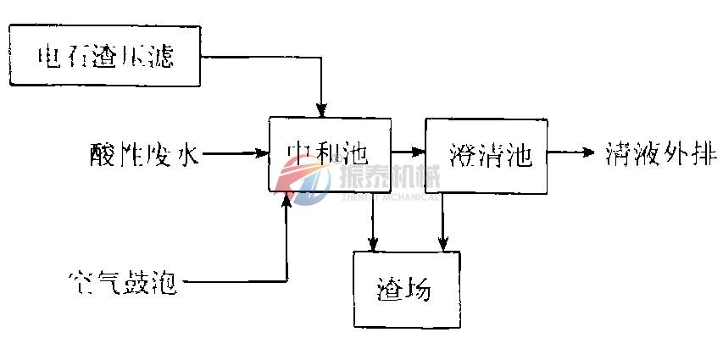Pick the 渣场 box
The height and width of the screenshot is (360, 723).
coord(405,290)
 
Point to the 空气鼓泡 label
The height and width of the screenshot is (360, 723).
coord(122,281)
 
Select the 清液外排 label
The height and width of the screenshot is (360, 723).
coord(662,154)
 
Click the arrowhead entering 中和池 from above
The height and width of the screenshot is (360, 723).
coord(321,110)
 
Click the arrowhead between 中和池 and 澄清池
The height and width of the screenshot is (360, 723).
coord(419,152)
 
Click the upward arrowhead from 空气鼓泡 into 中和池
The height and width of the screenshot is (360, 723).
coord(288,202)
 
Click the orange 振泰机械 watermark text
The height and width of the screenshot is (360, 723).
coord(388,177)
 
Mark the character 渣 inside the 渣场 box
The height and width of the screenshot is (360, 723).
coord(390,291)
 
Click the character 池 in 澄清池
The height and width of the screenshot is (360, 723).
coord(517,155)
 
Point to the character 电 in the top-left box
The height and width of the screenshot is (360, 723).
coord(50,57)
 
